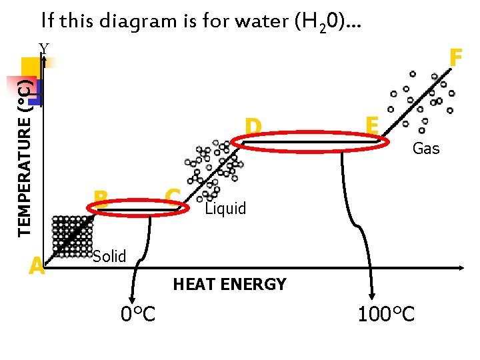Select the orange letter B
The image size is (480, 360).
coord(101,197)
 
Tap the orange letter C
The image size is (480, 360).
coord(173,196)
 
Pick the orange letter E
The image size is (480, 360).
coord(372,125)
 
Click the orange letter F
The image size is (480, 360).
coord(456,58)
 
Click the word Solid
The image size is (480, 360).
coord(109,256)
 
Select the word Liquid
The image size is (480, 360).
coord(225,209)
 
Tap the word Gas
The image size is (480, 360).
coord(426,149)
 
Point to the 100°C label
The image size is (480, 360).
coord(386,313)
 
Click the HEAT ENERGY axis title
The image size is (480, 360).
coord(229,285)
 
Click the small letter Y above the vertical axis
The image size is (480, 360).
coord(44,48)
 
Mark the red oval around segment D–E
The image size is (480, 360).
coord(310,142)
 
